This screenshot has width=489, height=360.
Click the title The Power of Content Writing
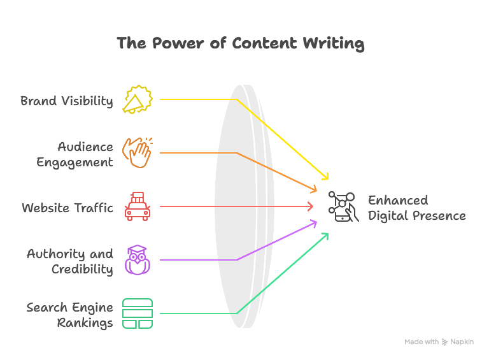240,43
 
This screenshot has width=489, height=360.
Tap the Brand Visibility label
66,101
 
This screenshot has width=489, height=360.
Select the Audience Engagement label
74,154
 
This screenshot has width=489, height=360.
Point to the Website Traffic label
67,208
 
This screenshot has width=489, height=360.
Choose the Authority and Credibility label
69,261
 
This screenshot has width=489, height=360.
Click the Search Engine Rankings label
69,315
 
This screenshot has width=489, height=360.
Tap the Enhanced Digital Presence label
416,208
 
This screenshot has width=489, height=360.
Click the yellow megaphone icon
138,100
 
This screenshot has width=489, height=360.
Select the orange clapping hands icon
138,153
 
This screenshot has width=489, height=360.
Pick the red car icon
138,206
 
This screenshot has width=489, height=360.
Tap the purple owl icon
138,260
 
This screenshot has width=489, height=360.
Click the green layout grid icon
138,313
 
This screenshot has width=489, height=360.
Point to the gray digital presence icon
343,207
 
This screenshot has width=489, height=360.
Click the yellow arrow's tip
328,180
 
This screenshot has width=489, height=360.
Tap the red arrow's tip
313,206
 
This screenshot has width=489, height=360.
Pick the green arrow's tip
327,234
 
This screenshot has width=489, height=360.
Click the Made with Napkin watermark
439,342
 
